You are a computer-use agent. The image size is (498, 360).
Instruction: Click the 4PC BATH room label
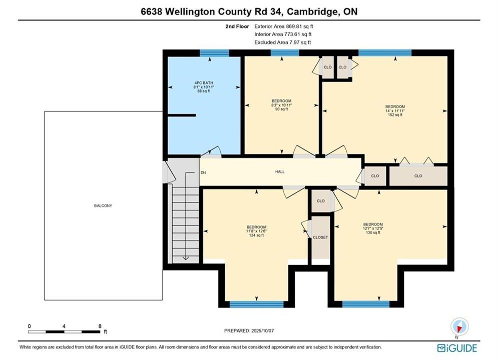click(x=204, y=83)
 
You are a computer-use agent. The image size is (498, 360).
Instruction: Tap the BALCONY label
click(x=103, y=206)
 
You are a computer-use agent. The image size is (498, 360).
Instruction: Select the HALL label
click(x=280, y=171)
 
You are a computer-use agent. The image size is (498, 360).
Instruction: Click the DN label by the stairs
click(x=203, y=172)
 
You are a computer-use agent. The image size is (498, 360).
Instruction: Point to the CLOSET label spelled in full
click(x=320, y=237)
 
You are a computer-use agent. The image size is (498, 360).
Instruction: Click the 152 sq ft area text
click(x=395, y=115)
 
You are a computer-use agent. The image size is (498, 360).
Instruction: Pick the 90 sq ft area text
click(x=281, y=109)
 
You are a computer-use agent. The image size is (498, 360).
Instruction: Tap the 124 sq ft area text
click(x=256, y=235)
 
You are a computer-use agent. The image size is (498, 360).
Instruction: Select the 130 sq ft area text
click(x=373, y=232)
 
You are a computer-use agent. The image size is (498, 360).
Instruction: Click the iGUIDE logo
click(x=457, y=348)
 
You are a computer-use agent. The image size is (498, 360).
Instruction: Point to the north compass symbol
click(x=459, y=327)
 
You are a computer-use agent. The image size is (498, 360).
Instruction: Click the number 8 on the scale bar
click(x=100, y=326)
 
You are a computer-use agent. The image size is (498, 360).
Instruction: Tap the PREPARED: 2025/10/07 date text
click(x=249, y=330)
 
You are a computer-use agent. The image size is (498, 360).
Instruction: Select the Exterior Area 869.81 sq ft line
click(x=284, y=26)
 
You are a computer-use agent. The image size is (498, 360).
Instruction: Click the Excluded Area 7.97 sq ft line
click(x=283, y=42)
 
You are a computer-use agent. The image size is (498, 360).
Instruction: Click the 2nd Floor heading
click(x=237, y=26)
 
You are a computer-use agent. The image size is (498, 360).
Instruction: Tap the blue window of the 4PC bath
click(x=214, y=53)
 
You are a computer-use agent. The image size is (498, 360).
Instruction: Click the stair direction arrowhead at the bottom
click(x=186, y=258)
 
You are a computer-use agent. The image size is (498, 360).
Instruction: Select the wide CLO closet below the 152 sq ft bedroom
click(x=418, y=175)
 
